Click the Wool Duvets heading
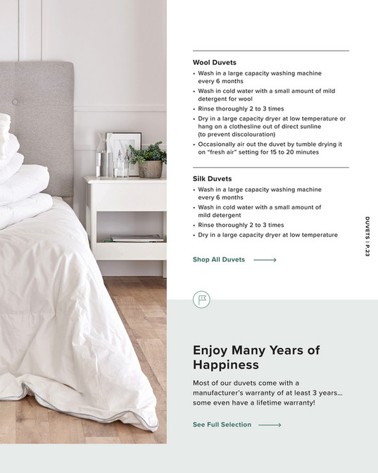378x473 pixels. (214, 63)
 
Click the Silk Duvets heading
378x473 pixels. (212, 179)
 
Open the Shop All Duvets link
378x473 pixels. (219, 259)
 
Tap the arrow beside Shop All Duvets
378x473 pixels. (265, 259)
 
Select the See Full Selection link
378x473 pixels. (222, 425)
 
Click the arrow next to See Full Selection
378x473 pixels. (270, 425)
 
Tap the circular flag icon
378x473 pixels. (201, 300)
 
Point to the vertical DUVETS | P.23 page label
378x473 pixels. (367, 237)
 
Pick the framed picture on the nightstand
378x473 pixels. (122, 152)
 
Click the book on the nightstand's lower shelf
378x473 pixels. (137, 238)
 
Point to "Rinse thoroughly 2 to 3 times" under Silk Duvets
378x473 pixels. (241, 225)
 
